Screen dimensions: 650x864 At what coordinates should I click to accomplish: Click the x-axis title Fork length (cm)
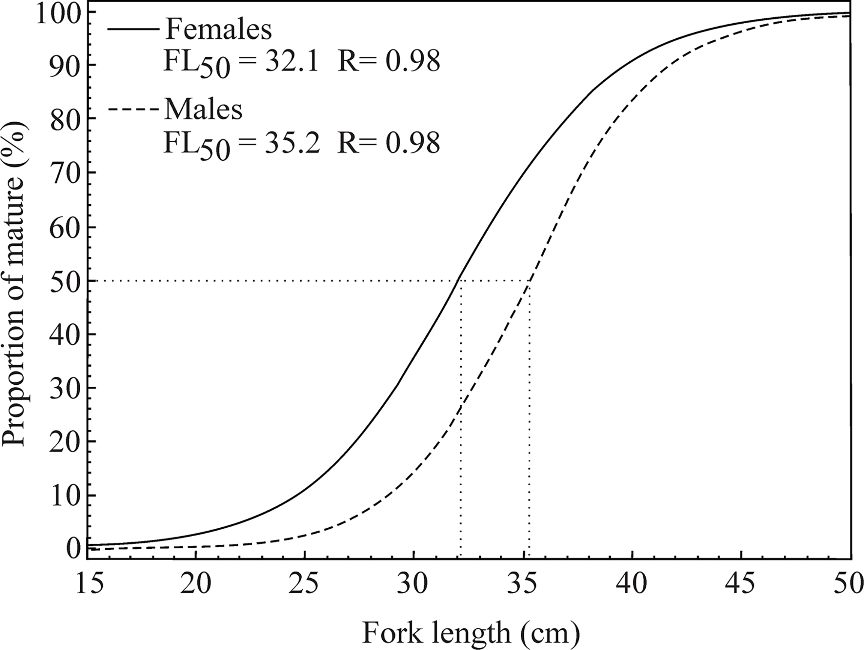(x=471, y=632)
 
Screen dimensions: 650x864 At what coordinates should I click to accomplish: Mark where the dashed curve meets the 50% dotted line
(x=529, y=281)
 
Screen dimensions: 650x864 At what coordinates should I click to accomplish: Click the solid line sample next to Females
(x=133, y=30)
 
